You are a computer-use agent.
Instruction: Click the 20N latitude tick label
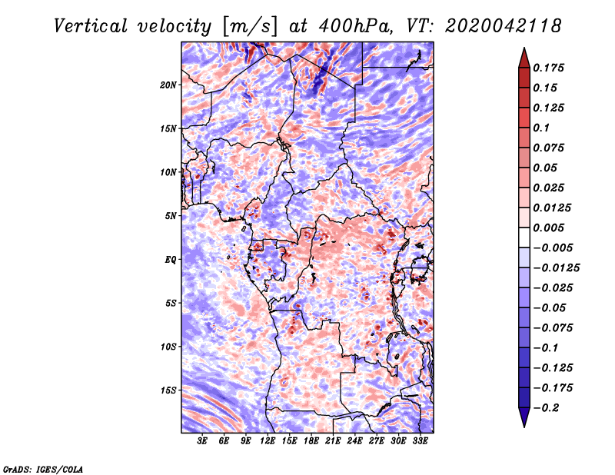(x=169, y=85)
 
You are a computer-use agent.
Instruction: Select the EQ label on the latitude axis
(x=171, y=260)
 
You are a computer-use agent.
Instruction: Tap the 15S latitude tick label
(x=169, y=390)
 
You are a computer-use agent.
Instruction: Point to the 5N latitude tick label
(x=171, y=216)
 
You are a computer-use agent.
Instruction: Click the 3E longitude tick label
(x=203, y=442)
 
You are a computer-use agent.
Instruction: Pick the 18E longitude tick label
(x=311, y=442)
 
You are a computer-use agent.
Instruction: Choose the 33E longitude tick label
(x=421, y=442)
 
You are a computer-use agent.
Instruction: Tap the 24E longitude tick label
(x=355, y=442)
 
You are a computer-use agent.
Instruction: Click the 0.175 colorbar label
(x=550, y=68)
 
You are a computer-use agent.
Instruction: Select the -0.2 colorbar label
(x=547, y=407)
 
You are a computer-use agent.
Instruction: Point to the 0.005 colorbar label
(x=550, y=228)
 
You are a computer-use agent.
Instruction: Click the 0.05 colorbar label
(x=546, y=168)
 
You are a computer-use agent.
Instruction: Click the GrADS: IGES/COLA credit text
(x=42, y=468)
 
